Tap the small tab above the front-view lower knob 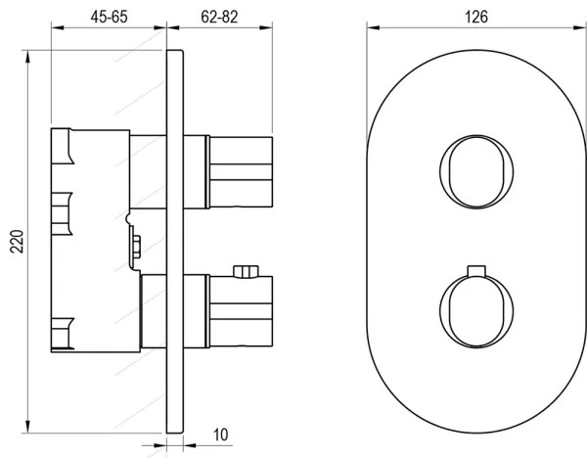pos(475,269)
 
